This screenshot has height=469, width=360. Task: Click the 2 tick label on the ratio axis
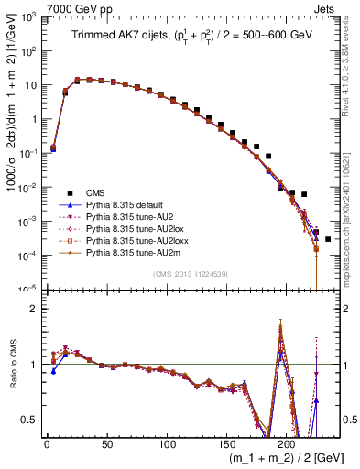37,309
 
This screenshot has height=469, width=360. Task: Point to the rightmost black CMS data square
328,239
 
